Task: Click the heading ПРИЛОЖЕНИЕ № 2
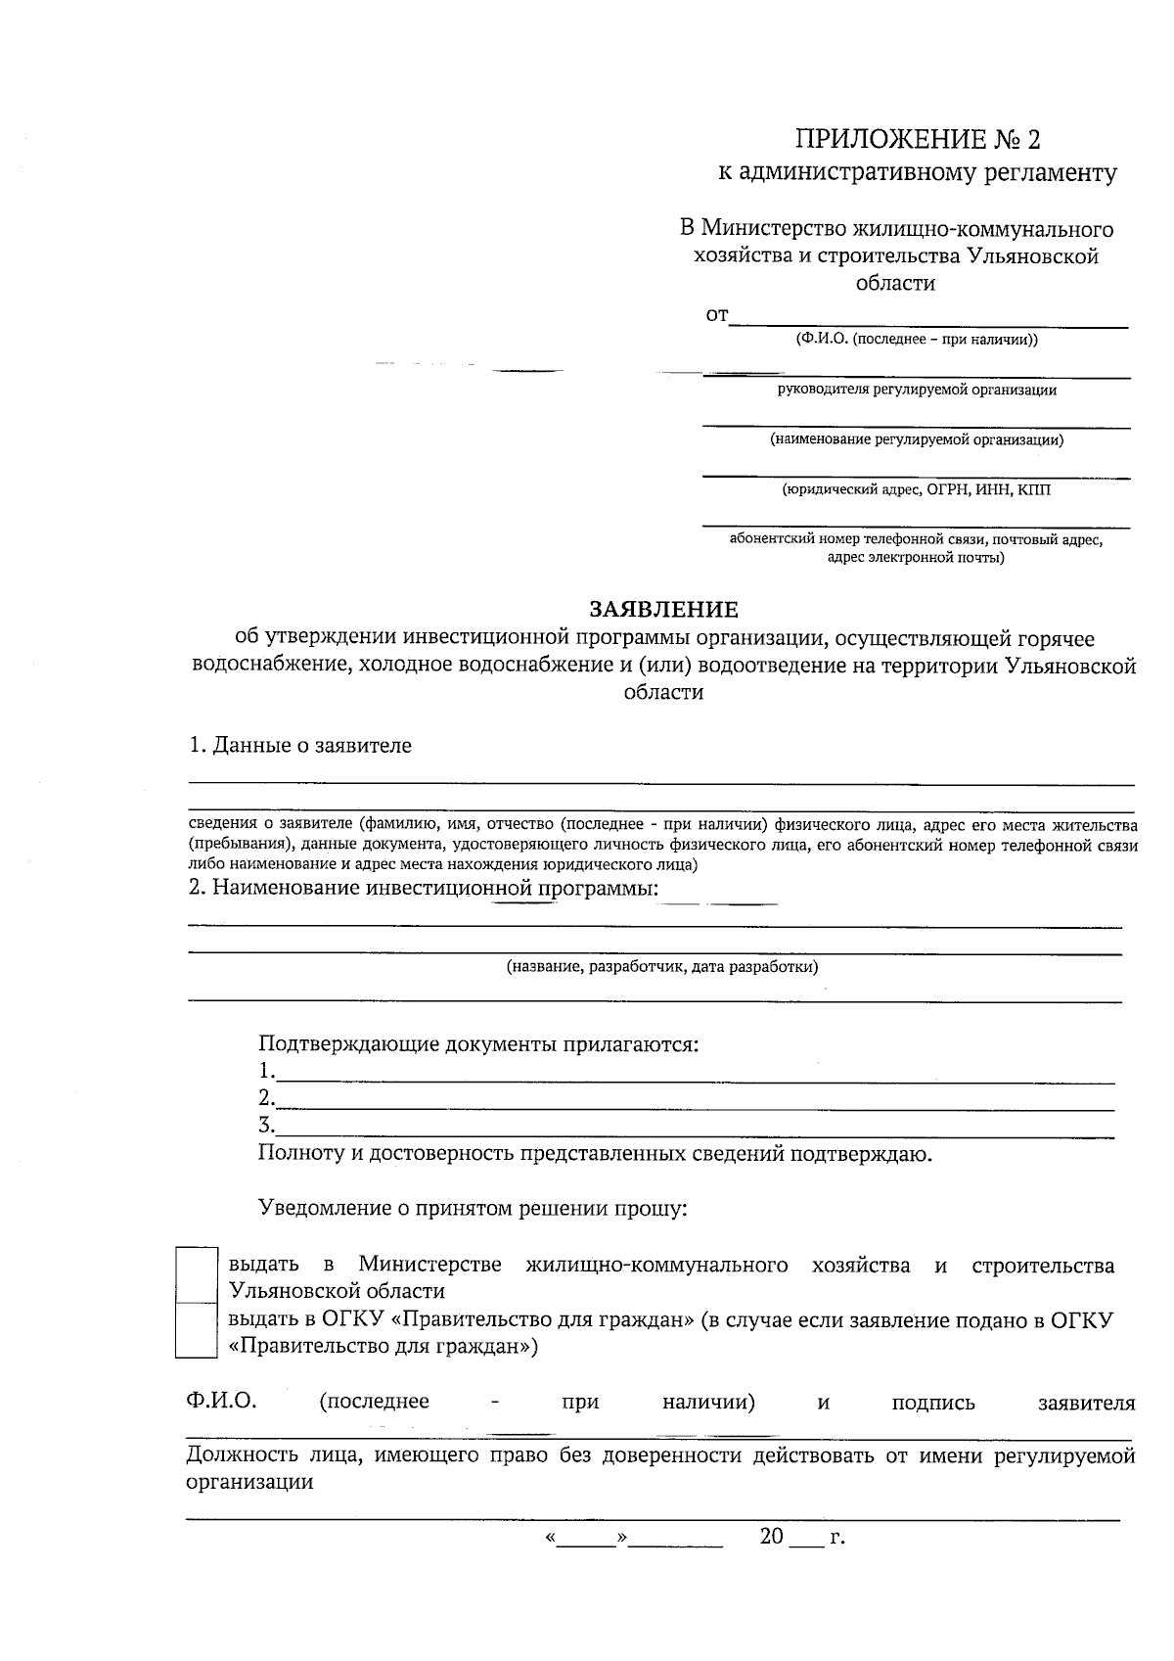[x=917, y=140]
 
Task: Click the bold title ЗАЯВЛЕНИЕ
[x=663, y=610]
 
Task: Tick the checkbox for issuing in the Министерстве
[x=195, y=1273]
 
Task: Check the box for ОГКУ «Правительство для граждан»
[x=195, y=1329]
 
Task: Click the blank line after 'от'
[x=928, y=320]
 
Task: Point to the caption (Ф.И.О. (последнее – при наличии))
[x=917, y=340]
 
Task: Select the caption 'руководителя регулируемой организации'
[x=917, y=390]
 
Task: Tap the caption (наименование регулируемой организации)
[x=917, y=439]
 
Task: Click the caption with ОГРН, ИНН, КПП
[x=917, y=489]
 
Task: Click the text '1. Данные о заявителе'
[x=300, y=746]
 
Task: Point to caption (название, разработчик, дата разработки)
[x=661, y=967]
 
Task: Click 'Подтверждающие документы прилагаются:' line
[x=478, y=1043]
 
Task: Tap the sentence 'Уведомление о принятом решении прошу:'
[x=474, y=1209]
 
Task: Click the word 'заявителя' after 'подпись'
[x=1086, y=1403]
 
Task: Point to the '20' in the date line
[x=772, y=1537]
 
